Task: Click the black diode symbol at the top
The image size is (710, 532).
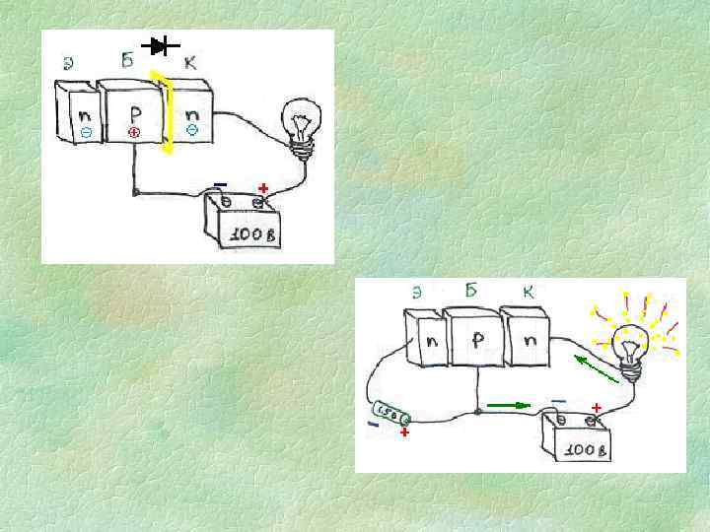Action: click(x=159, y=45)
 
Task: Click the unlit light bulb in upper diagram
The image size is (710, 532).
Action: click(x=297, y=124)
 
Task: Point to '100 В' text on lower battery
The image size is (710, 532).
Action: click(x=581, y=449)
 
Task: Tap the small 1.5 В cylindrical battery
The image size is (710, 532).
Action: click(x=390, y=415)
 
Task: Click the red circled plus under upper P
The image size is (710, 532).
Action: click(x=133, y=131)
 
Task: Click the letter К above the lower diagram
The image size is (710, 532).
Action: click(x=529, y=292)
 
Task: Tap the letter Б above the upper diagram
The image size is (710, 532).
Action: click(x=127, y=60)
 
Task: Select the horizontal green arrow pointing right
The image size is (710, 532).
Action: click(x=509, y=404)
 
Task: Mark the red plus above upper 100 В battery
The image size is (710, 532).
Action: click(x=263, y=187)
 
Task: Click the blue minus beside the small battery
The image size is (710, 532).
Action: click(x=372, y=425)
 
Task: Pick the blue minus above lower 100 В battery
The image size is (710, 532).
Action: click(x=558, y=401)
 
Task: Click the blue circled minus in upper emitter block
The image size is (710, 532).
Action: click(x=86, y=131)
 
